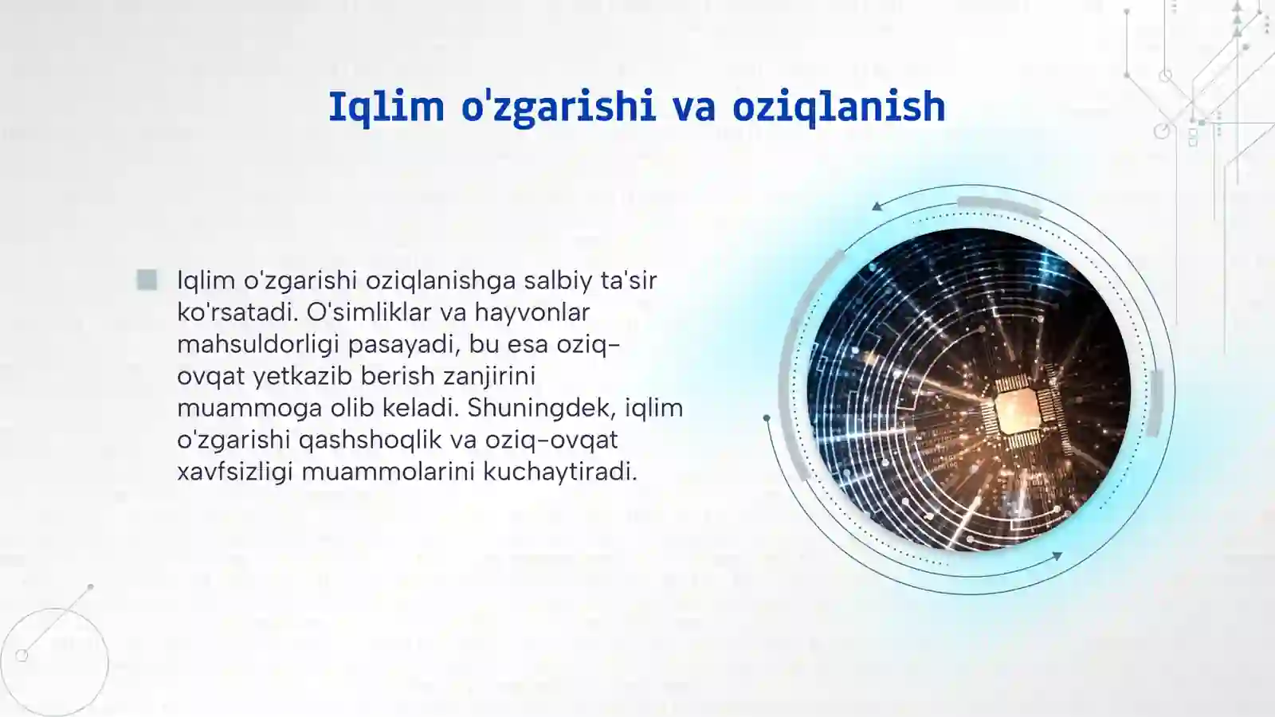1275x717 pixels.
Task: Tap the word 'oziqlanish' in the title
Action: point(838,107)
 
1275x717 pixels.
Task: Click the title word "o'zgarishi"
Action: point(558,107)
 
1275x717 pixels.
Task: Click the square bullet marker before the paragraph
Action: point(147,280)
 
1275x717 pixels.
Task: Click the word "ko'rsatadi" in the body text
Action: point(237,312)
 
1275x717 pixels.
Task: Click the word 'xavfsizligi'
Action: point(236,472)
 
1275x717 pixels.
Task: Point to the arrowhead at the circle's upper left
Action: point(877,206)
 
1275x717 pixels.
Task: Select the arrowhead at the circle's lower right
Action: point(1057,556)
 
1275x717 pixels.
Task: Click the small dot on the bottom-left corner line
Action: point(90,587)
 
